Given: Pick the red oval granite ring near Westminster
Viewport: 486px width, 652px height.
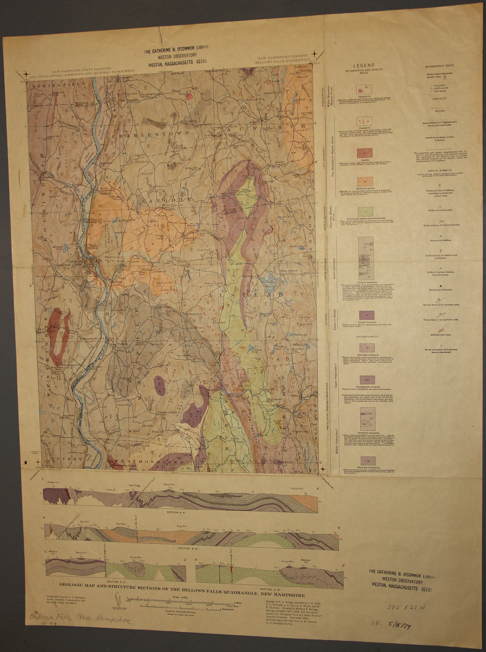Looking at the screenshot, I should tap(60, 332).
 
